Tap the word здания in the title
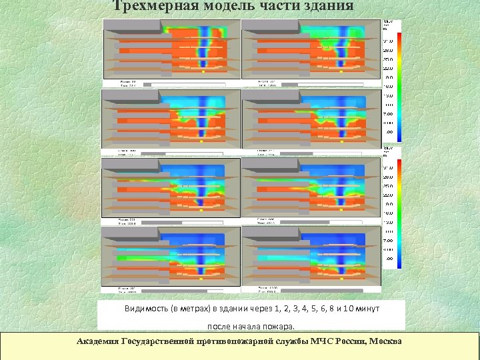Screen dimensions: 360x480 325,6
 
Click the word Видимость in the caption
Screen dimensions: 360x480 145,309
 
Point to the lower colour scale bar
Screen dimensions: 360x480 399,213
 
